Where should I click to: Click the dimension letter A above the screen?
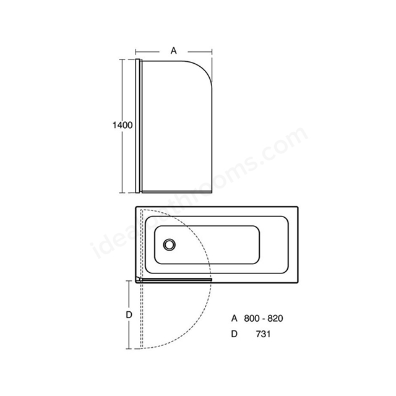[173, 51]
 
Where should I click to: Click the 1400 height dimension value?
[123, 125]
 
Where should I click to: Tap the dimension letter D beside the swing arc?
[129, 315]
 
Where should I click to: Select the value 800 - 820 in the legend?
[264, 319]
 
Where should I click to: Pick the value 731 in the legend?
[263, 334]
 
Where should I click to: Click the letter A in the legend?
[235, 319]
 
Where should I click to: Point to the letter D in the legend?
[235, 334]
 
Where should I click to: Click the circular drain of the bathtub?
[169, 244]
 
